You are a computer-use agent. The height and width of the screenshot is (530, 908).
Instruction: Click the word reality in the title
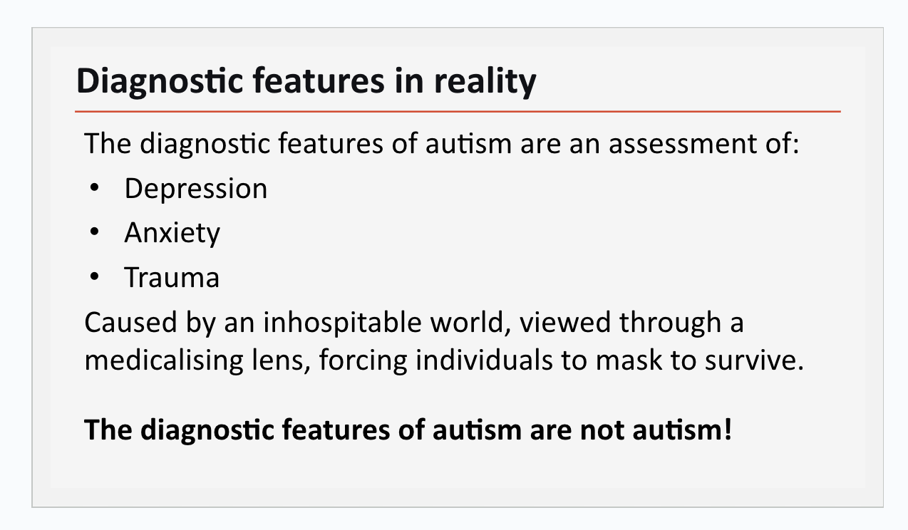(485, 82)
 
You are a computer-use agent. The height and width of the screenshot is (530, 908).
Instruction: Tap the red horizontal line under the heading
(458, 111)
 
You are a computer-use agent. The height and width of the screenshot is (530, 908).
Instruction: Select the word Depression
(196, 189)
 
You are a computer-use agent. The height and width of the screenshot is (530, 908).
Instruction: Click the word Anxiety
(172, 233)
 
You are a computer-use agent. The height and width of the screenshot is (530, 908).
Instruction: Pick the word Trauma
(172, 278)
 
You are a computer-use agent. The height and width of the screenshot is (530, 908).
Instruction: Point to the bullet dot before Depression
(95, 187)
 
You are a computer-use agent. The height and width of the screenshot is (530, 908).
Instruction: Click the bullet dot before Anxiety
(95, 232)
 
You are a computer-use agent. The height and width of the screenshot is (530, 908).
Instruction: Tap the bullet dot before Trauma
(95, 276)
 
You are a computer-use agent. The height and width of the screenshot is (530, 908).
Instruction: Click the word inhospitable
(343, 323)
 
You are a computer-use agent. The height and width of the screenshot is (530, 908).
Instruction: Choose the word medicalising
(164, 360)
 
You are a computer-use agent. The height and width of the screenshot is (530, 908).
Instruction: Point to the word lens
(278, 360)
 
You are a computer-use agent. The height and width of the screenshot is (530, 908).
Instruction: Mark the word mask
(629, 360)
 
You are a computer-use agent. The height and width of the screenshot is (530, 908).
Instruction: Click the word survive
(754, 360)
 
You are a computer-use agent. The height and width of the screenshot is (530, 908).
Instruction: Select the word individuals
(484, 360)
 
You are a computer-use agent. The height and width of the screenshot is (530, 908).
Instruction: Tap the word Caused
(130, 323)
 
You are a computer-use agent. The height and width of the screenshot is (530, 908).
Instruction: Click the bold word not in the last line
(602, 430)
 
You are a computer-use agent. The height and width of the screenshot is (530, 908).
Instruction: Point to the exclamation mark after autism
(727, 429)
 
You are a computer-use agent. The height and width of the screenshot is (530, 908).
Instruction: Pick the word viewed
(564, 323)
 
